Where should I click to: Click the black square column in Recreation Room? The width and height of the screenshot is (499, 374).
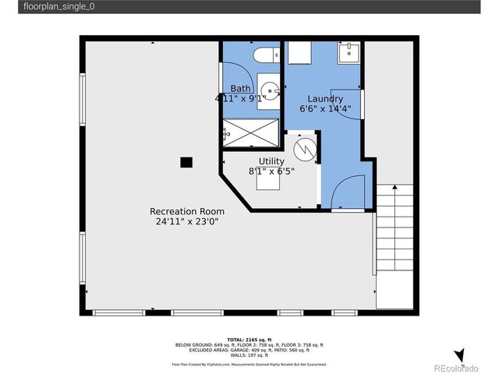186,162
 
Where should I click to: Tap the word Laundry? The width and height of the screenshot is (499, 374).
325,99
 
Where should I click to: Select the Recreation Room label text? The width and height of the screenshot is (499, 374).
187,211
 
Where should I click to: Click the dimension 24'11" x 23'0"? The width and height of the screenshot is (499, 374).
187,221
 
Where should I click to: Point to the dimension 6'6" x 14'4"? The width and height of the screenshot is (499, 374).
325,109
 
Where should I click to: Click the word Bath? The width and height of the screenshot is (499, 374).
240,88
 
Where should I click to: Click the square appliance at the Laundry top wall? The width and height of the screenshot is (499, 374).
299,52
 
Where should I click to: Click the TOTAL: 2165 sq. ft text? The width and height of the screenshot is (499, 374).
249,340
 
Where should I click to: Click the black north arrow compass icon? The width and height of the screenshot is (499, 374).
459,355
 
